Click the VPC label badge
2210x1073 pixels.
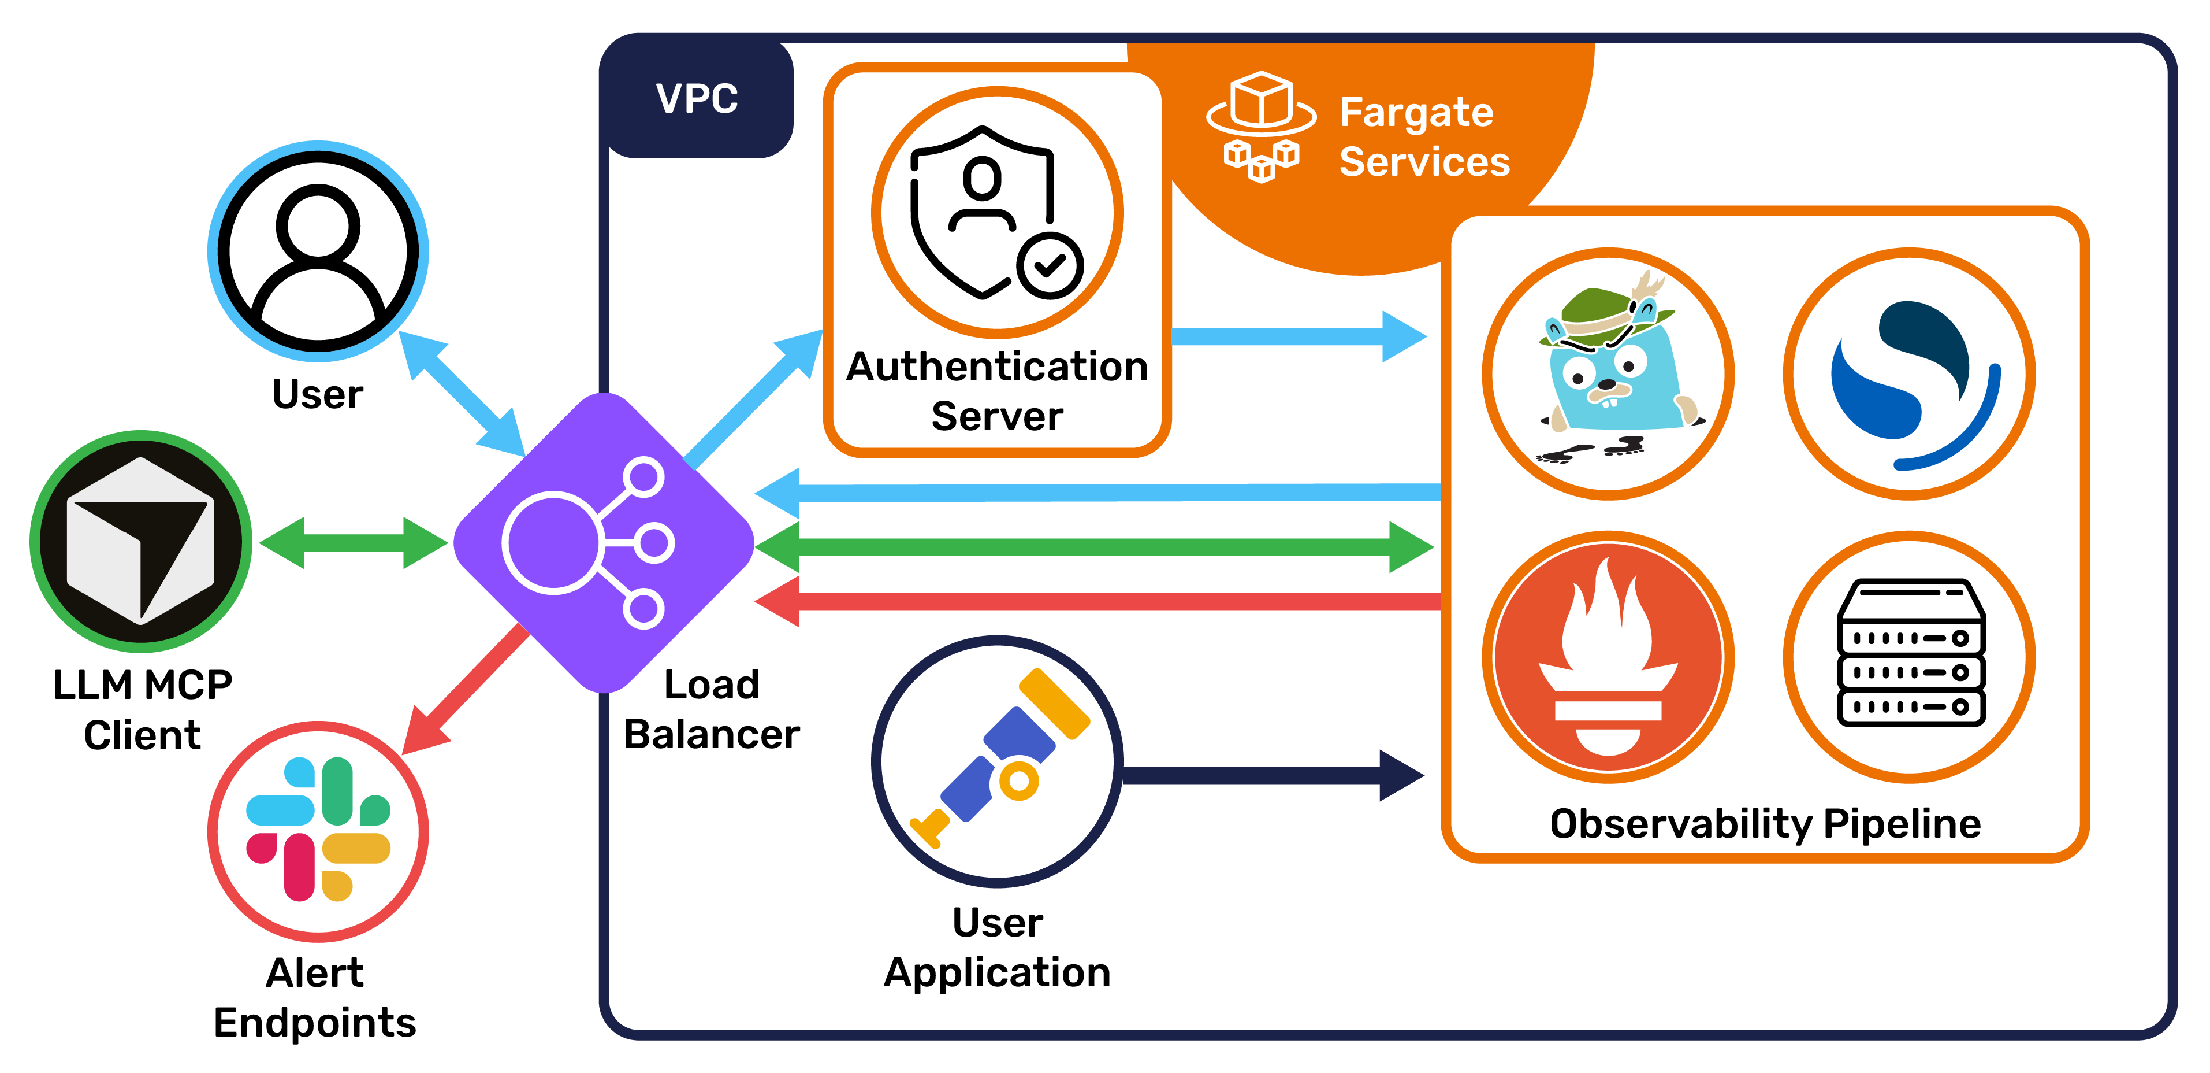(x=697, y=98)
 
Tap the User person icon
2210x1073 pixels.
(x=318, y=251)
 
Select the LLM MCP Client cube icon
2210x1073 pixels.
(x=142, y=541)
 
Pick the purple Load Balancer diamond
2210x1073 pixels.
(x=604, y=542)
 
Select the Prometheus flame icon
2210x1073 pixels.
(x=1608, y=657)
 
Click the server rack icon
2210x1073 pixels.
(x=1910, y=654)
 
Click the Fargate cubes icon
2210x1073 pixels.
(x=1261, y=126)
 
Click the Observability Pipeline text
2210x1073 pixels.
(x=1765, y=823)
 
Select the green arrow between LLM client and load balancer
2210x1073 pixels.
(x=354, y=542)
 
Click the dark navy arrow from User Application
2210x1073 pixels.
(x=1270, y=775)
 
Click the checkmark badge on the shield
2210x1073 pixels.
(x=1050, y=265)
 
